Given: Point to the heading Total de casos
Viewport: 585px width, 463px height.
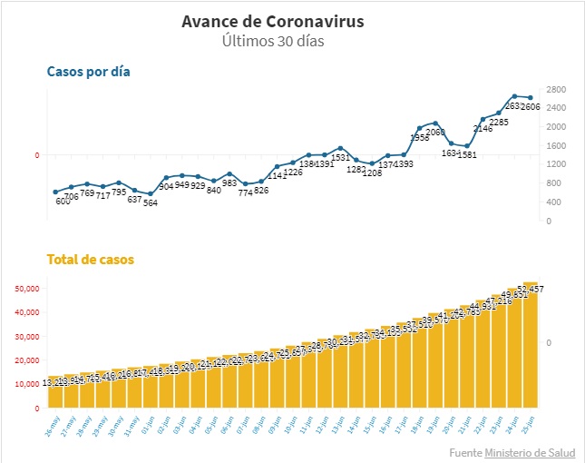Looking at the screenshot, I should (90, 260).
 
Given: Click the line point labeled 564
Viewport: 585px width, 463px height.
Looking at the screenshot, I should (151, 193).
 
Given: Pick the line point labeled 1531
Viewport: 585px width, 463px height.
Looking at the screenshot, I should (340, 148).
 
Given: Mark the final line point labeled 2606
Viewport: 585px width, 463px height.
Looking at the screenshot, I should (531, 97).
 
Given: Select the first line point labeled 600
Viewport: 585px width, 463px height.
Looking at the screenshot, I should (55, 192).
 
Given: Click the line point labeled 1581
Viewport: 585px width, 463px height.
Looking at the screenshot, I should (467, 146).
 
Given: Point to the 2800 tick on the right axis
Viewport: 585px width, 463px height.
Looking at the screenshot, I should (557, 89).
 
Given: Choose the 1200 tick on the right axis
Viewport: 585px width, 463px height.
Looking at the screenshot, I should (557, 164).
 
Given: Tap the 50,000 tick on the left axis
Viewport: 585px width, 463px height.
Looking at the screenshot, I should (24, 288).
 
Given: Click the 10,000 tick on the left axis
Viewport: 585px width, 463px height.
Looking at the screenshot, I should (24, 384).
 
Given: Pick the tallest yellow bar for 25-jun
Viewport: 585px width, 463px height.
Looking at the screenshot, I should (531, 345).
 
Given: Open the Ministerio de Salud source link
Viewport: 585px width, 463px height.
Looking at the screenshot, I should (529, 452).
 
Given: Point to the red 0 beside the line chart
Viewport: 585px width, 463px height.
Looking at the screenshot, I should (37, 155).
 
